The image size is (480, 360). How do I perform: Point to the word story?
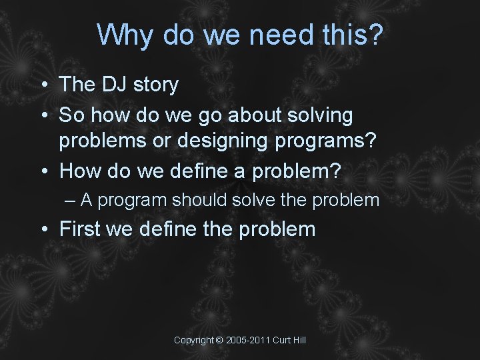(156, 85)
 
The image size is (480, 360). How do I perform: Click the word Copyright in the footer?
(193, 341)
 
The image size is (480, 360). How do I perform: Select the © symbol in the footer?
(219, 341)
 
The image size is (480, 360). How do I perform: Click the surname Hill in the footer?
(298, 341)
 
